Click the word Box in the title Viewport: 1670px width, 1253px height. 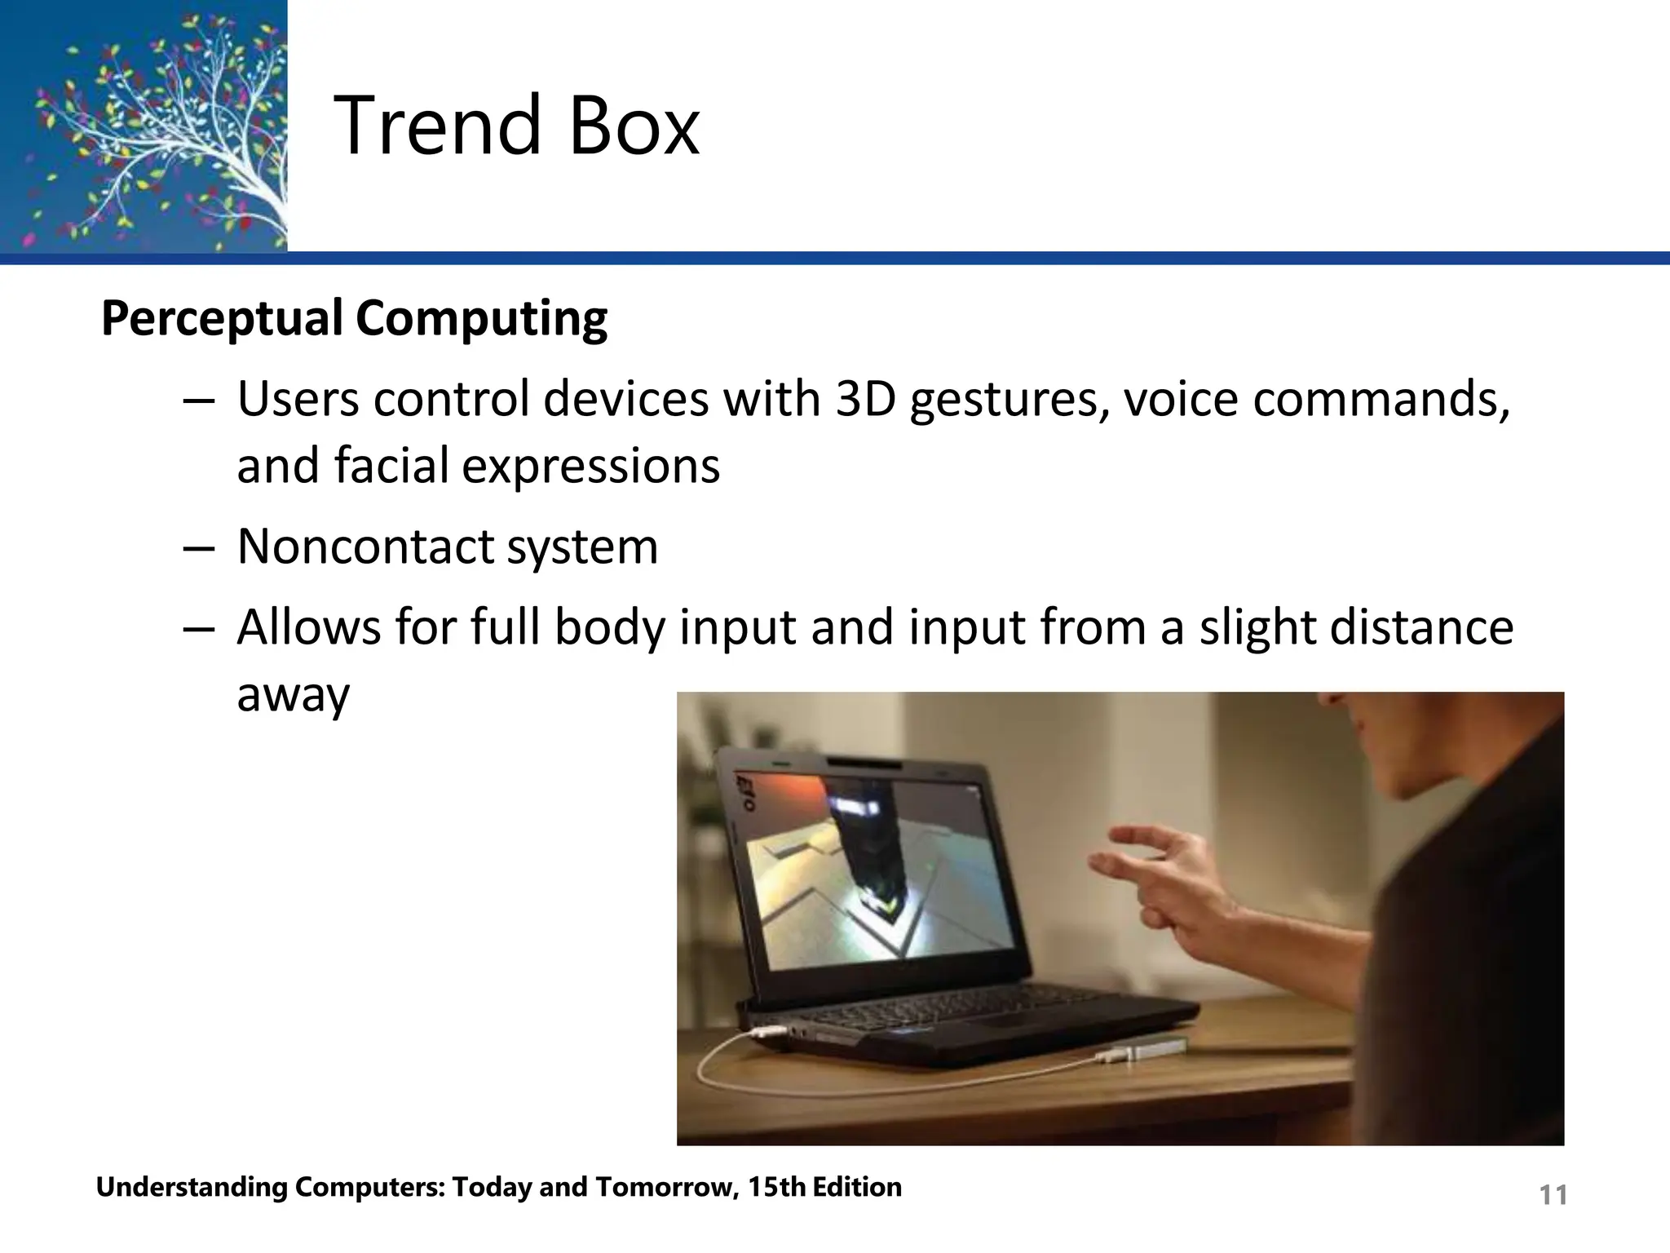click(634, 126)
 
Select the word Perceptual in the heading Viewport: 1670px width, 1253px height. click(221, 318)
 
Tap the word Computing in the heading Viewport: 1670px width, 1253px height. click(481, 318)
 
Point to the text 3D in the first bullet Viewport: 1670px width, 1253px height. click(865, 400)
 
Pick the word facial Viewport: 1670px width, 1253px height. click(391, 465)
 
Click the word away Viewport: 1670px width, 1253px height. click(293, 695)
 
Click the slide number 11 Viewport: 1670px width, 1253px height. click(1553, 1195)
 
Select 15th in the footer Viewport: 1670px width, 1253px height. click(777, 1187)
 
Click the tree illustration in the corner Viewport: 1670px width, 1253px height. click(144, 126)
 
